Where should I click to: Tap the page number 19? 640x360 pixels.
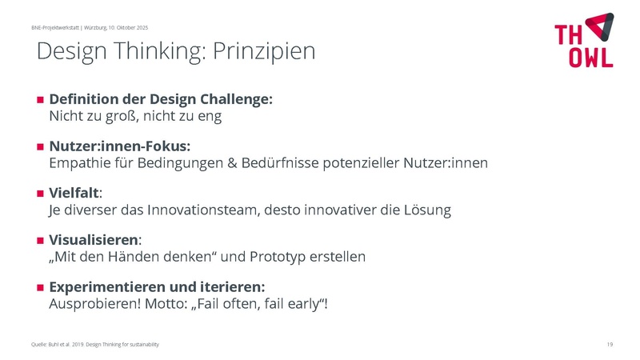point(610,344)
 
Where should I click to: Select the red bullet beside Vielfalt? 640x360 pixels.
point(39,194)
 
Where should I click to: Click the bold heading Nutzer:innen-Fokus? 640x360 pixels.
point(120,147)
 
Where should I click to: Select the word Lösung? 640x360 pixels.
point(427,210)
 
